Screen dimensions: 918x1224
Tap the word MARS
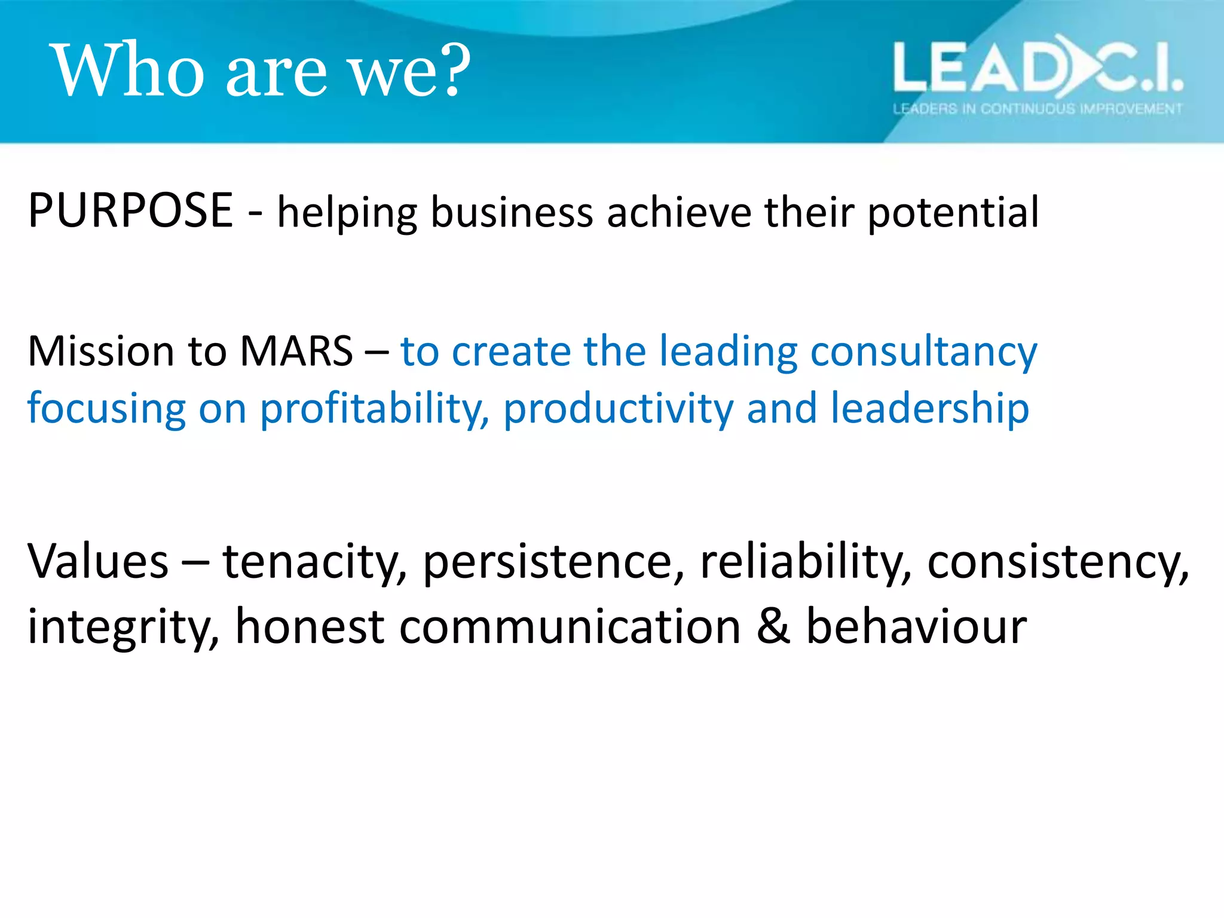pos(296,351)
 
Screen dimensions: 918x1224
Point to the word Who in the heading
pos(128,70)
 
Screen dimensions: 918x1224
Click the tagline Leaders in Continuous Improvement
pos(1037,109)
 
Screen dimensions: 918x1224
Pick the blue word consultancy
pos(923,352)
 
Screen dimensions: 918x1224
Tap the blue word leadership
pos(929,409)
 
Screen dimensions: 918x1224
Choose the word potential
pos(953,213)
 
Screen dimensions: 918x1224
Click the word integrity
pos(123,627)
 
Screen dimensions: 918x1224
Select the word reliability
pos(806,562)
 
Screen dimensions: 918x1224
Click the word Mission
pos(100,351)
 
